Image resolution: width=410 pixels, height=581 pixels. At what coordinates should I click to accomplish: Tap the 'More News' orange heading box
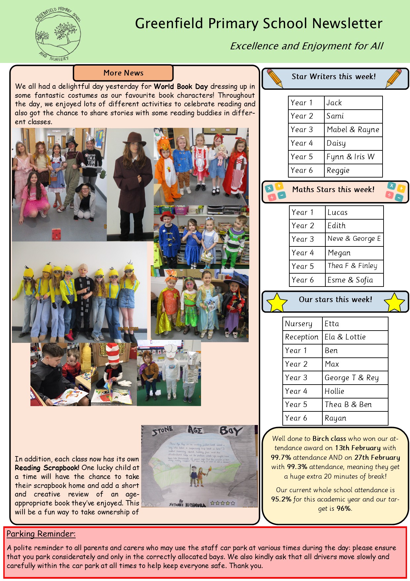click(x=123, y=73)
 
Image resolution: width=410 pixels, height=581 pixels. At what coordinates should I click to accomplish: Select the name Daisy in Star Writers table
click(x=336, y=143)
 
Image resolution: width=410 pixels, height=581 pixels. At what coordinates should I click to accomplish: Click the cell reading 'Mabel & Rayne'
click(x=353, y=130)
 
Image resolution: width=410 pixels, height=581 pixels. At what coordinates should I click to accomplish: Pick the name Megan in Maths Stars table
click(x=339, y=253)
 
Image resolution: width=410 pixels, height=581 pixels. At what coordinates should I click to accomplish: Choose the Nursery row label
click(x=299, y=324)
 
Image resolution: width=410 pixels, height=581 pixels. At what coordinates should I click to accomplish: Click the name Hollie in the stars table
click(x=334, y=391)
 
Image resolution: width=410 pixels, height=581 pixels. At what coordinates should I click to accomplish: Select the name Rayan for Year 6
click(x=335, y=418)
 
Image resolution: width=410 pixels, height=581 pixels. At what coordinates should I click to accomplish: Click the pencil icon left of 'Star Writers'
click(x=274, y=78)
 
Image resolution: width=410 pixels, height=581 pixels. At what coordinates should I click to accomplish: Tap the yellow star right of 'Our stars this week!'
click(x=394, y=302)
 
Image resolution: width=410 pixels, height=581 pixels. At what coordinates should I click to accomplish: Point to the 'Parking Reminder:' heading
click(x=41, y=534)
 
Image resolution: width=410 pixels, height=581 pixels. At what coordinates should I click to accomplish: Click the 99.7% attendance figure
click(x=281, y=457)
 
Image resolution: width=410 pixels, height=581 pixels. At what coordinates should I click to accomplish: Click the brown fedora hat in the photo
click(x=134, y=138)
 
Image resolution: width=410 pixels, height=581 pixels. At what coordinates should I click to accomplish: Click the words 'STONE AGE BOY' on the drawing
click(x=197, y=431)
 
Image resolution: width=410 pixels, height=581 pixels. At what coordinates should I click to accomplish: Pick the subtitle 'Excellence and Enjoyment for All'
click(x=307, y=46)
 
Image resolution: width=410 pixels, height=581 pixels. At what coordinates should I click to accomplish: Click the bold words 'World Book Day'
click(x=181, y=86)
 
